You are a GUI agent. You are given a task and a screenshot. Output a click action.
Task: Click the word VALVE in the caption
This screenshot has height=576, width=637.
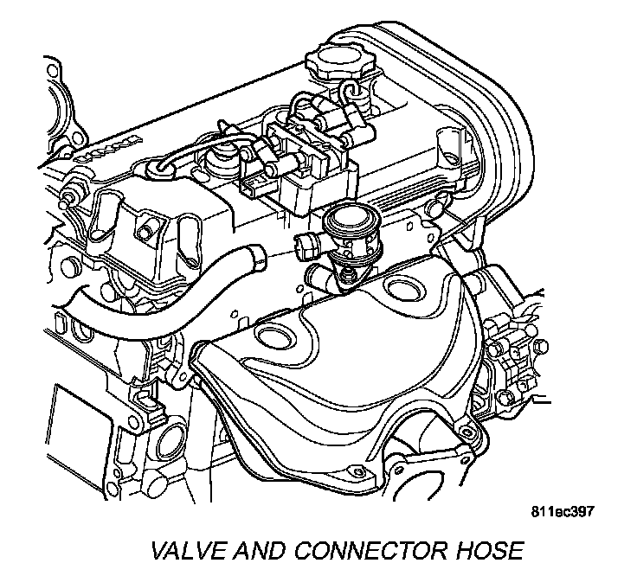point(183,550)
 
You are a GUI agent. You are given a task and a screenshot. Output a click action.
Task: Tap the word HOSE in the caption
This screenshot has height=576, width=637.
point(485,550)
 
